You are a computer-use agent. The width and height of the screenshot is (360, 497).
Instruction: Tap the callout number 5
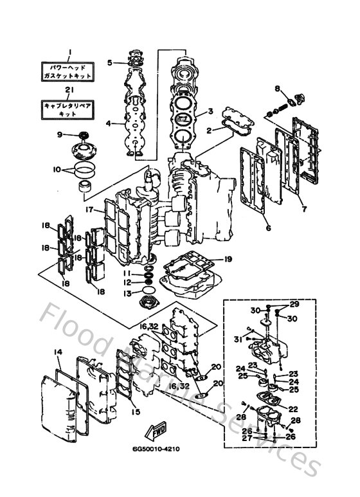pyautogui.click(x=110, y=62)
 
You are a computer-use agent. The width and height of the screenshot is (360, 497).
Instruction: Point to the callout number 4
pyautogui.click(x=109, y=123)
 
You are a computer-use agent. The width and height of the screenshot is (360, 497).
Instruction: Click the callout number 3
pyautogui.click(x=210, y=111)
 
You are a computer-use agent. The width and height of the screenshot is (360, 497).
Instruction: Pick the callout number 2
pyautogui.click(x=209, y=130)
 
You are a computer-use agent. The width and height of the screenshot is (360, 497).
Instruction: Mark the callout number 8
pyautogui.click(x=278, y=88)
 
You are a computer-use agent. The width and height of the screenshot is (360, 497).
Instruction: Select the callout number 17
pyautogui.click(x=91, y=209)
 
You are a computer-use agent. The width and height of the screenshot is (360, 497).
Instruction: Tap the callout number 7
pyautogui.click(x=304, y=208)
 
